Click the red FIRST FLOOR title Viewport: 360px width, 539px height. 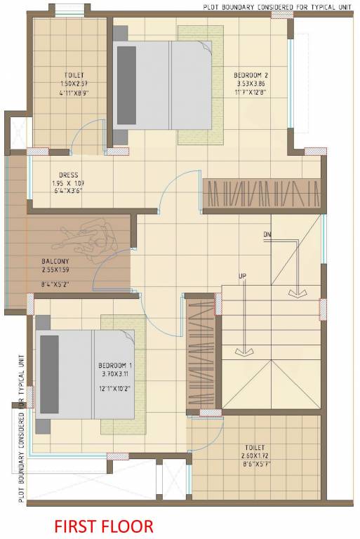coord(103,526)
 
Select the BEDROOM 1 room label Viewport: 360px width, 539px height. coord(116,366)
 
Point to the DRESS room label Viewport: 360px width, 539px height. coord(69,175)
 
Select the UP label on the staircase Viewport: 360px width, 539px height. coord(242,274)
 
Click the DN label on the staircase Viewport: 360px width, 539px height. coord(267,234)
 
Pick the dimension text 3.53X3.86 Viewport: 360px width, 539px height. coord(251,83)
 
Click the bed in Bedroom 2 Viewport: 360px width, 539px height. coord(161,84)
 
